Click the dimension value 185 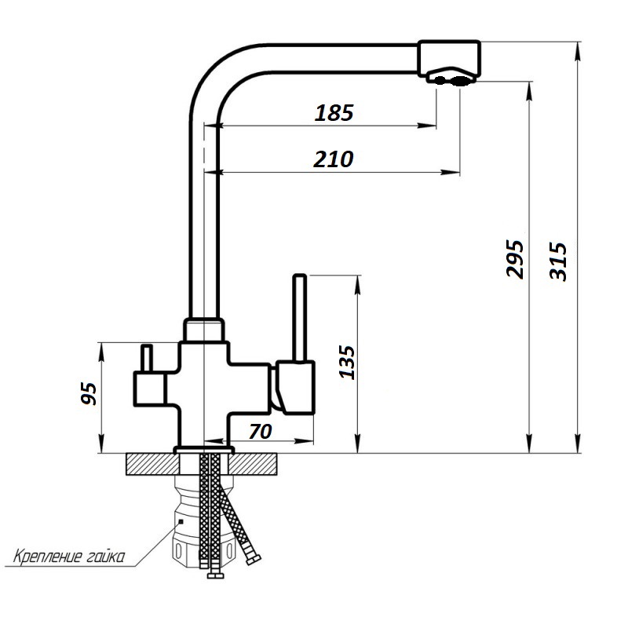click(334, 113)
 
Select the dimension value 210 click(333, 159)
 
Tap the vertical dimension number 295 click(515, 259)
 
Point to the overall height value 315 click(558, 261)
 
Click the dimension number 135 click(347, 362)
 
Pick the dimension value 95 click(89, 394)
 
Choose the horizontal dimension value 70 click(261, 431)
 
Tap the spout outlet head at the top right click(448, 60)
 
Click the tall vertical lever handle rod click(300, 319)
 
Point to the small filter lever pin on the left click(146, 359)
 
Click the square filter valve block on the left click(149, 389)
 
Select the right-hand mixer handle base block click(294, 387)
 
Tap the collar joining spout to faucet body click(203, 330)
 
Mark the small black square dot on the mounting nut click(181, 521)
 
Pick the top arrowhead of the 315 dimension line click(577, 51)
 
